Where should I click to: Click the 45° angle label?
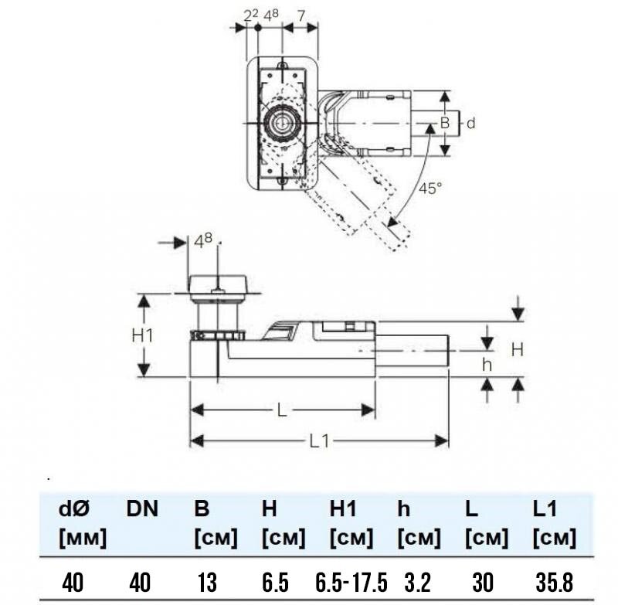click(430, 189)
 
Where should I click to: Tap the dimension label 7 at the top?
click(301, 16)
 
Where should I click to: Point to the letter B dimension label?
click(445, 123)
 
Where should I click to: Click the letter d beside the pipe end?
click(470, 124)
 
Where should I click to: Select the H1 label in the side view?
click(142, 336)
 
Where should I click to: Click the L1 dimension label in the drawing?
click(319, 441)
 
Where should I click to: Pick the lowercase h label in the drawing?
click(487, 365)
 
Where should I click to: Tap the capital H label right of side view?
click(517, 349)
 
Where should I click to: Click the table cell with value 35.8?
click(554, 582)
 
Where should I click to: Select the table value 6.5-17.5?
click(351, 582)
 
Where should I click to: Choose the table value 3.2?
click(417, 582)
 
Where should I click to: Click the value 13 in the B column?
click(207, 582)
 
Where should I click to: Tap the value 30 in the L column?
click(482, 582)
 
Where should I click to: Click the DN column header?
click(142, 508)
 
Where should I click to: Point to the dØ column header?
click(74, 508)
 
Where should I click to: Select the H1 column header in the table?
click(343, 508)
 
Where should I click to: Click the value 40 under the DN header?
click(140, 582)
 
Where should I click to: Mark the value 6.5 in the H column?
click(275, 582)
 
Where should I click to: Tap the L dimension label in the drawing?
click(281, 410)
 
